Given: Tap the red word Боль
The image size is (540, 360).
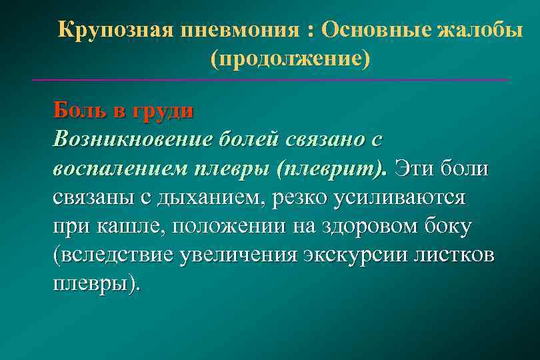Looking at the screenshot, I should [x=79, y=109].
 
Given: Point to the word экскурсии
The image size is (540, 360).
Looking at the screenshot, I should [x=359, y=255].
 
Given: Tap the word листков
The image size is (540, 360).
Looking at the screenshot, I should [x=459, y=255].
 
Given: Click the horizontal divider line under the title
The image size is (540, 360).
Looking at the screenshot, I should [x=270, y=80].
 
